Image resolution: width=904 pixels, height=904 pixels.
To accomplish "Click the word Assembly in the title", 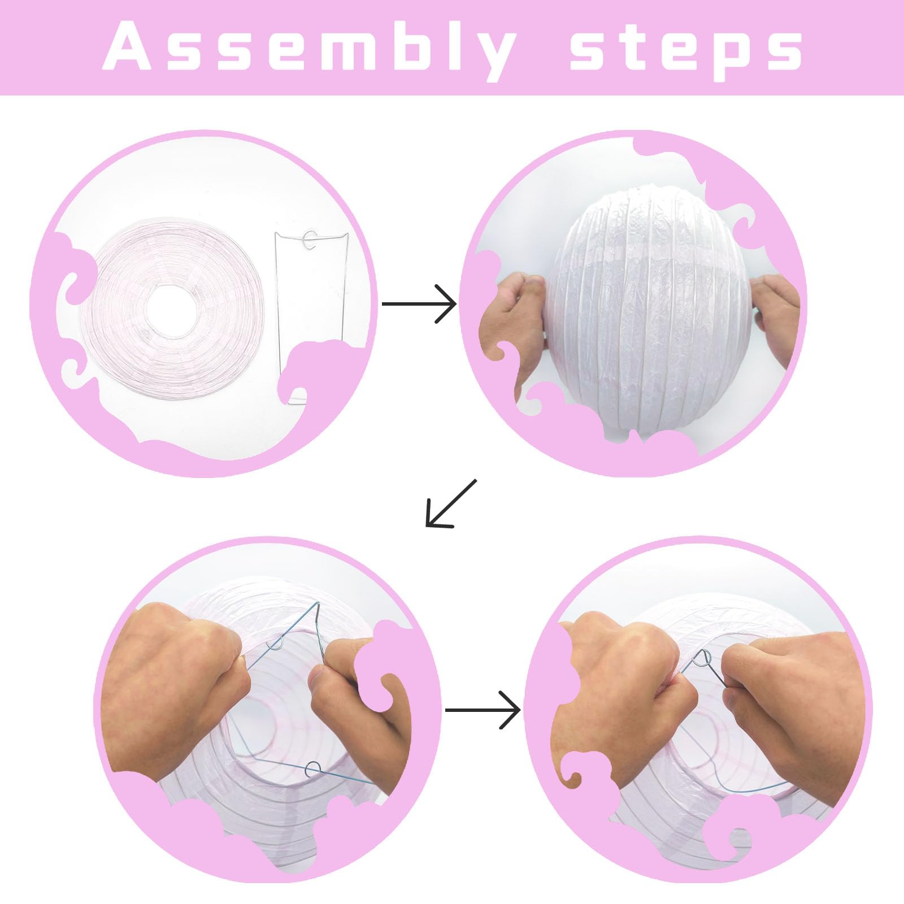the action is [309, 49].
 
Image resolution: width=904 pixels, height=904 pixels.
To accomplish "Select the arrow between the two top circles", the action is [419, 305].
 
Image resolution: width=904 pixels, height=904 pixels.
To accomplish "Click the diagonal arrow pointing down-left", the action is [451, 503].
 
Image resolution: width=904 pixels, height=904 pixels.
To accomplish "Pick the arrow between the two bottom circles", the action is [483, 710].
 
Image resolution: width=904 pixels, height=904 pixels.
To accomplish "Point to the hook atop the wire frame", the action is [310, 240].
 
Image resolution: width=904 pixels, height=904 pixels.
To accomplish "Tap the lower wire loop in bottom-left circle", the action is [312, 768].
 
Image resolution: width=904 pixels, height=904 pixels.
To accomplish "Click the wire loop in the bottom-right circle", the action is [704, 658].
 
